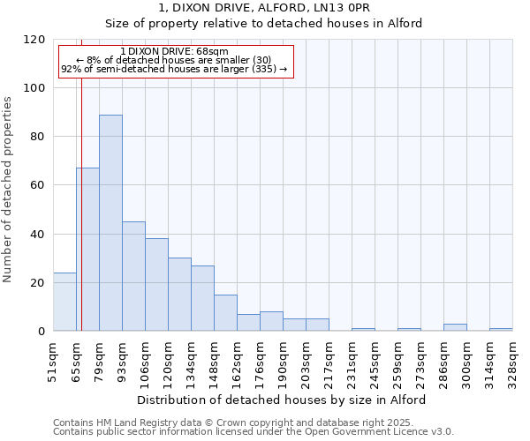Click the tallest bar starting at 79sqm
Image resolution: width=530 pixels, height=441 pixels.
pyautogui.click(x=110, y=222)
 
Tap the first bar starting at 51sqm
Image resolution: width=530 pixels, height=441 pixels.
pyautogui.click(x=64, y=302)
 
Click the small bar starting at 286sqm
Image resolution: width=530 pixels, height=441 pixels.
pyautogui.click(x=455, y=327)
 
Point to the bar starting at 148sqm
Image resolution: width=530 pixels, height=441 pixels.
pyautogui.click(x=225, y=313)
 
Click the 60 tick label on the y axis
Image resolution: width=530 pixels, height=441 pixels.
pyautogui.click(x=38, y=185)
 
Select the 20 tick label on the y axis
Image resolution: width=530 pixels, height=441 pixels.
pyautogui.click(x=38, y=283)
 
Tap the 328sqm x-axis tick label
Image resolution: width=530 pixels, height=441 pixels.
pyautogui.click(x=512, y=362)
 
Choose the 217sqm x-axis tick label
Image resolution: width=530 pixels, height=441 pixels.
pyautogui.click(x=329, y=362)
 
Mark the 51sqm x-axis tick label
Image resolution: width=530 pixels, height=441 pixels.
pyautogui.click(x=53, y=362)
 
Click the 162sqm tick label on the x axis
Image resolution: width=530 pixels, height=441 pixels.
pyautogui.click(x=237, y=362)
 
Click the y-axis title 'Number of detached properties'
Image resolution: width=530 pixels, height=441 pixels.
pyautogui.click(x=9, y=190)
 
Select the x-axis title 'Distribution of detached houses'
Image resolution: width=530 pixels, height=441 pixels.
pyautogui.click(x=282, y=400)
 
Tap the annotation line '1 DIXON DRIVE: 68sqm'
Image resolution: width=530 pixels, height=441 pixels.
pyautogui.click(x=174, y=51)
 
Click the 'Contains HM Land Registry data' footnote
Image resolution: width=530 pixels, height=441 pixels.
pyautogui.click(x=252, y=422)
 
